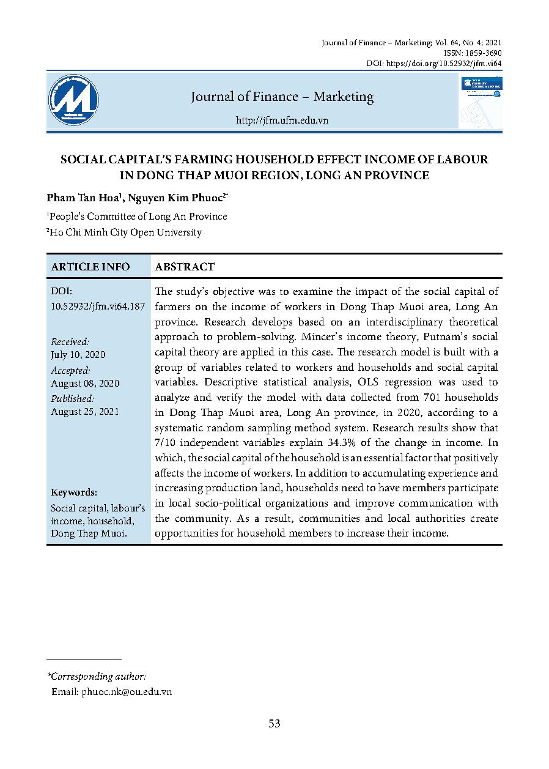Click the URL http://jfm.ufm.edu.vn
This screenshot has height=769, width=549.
[282, 121]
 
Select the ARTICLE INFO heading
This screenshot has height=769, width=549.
[90, 267]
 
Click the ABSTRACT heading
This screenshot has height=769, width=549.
[185, 267]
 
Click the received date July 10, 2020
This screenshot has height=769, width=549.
[78, 355]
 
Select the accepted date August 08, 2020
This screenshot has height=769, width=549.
[85, 384]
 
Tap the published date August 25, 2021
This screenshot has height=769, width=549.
[85, 412]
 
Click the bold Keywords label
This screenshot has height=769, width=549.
[74, 492]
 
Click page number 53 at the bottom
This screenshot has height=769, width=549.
[274, 724]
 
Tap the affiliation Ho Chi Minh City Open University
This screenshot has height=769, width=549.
[124, 232]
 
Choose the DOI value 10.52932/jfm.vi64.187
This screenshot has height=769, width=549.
[98, 306]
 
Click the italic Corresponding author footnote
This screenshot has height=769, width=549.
[97, 677]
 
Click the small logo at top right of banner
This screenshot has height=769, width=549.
[481, 87]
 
